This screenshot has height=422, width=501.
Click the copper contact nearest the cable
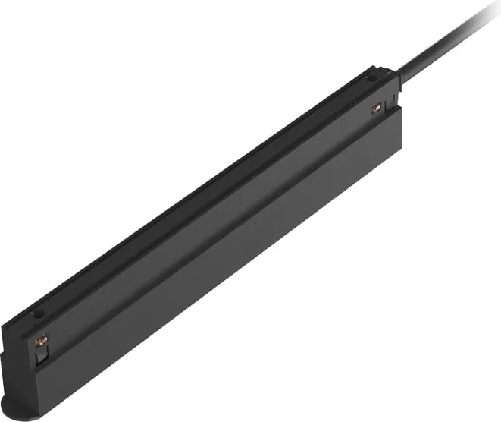click(376, 109)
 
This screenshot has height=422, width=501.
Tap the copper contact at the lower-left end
click(41, 341)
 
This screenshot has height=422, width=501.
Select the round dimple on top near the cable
click(371, 77)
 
